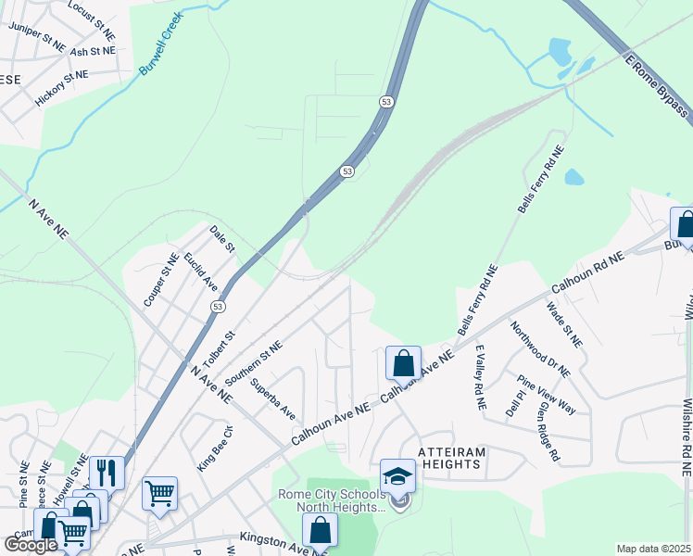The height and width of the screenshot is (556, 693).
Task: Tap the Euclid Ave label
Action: pyautogui.click(x=199, y=271)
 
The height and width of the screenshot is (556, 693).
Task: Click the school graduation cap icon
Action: pyautogui.click(x=397, y=476)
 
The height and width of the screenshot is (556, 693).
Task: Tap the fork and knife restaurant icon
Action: pyautogui.click(x=107, y=473)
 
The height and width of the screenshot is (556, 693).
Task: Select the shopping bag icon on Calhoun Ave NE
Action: pyautogui.click(x=403, y=362)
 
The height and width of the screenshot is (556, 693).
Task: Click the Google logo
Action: pyautogui.click(x=31, y=545)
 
